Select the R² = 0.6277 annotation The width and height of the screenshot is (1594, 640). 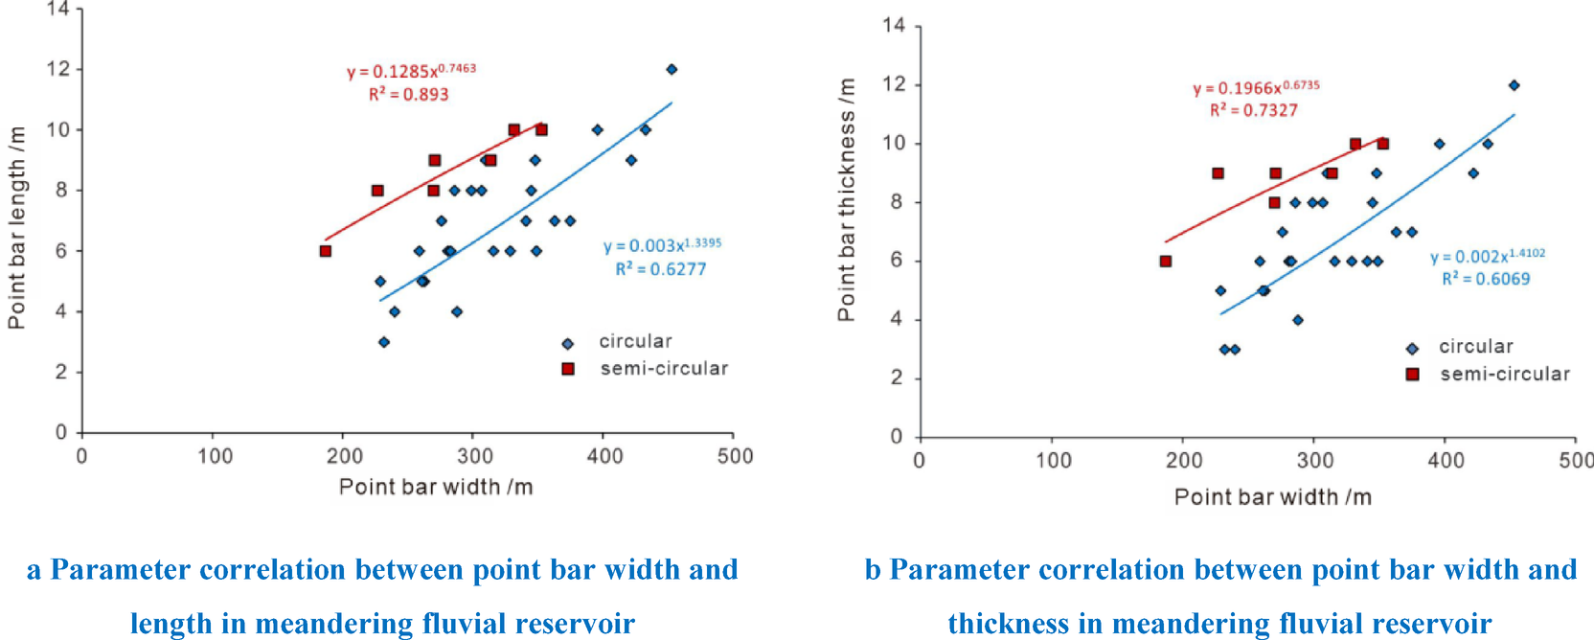pyautogui.click(x=660, y=269)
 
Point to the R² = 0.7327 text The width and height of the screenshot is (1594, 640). pyautogui.click(x=1253, y=110)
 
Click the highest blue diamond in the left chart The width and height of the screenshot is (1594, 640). pyautogui.click(x=672, y=69)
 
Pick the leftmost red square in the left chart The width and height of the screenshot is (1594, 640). pyautogui.click(x=326, y=251)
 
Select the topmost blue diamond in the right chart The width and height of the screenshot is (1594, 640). pyautogui.click(x=1514, y=85)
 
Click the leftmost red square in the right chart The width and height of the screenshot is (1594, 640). pyautogui.click(x=1165, y=262)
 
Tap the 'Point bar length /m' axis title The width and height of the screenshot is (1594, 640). pyautogui.click(x=16, y=227)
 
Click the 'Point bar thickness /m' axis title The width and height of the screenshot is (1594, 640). pyautogui.click(x=846, y=199)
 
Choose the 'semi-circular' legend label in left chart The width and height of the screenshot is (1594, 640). pyautogui.click(x=664, y=369)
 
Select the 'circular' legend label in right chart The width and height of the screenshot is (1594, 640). pyautogui.click(x=1475, y=347)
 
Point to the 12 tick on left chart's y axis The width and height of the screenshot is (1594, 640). pyautogui.click(x=59, y=69)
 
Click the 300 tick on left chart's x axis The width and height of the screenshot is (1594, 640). pyautogui.click(x=474, y=456)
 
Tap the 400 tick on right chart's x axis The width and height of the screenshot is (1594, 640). pyautogui.click(x=1446, y=461)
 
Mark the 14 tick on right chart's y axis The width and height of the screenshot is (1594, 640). pyautogui.click(x=894, y=25)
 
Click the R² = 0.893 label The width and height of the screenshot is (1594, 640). pyautogui.click(x=408, y=95)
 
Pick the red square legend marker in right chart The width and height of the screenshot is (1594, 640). pyautogui.click(x=1412, y=375)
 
